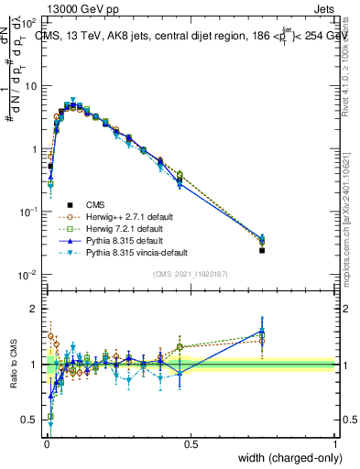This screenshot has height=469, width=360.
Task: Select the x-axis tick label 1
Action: coord(334,443)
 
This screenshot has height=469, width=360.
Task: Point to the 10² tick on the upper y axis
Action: coord(27,22)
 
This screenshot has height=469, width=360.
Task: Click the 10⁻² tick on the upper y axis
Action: coord(27,275)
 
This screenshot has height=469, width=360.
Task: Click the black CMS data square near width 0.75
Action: coord(262,250)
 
